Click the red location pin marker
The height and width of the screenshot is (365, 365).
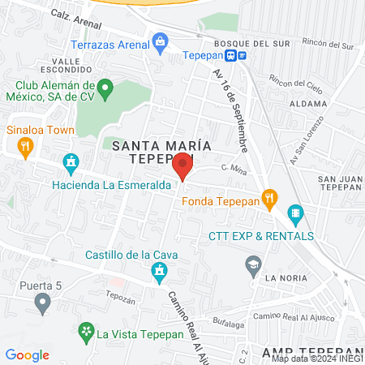[x=183, y=165]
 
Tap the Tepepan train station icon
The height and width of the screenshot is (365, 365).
[x=232, y=55]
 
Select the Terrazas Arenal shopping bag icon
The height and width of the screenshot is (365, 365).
[x=160, y=40]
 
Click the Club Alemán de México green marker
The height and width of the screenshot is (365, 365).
[x=104, y=87]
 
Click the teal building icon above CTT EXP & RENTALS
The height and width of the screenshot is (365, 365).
[x=295, y=215]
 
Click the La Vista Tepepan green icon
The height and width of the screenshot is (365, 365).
[x=85, y=331]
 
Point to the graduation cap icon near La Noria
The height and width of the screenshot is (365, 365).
[x=254, y=264]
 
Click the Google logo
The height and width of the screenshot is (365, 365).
[x=27, y=354]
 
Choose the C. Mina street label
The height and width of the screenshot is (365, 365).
[x=233, y=168]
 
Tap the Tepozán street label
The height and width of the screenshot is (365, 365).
[x=118, y=298]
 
